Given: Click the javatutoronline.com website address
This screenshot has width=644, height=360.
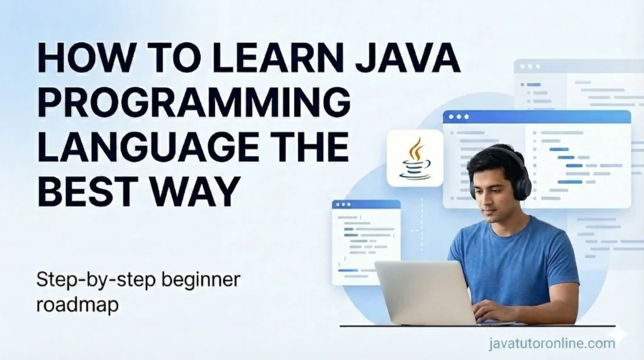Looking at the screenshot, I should click(x=551, y=344).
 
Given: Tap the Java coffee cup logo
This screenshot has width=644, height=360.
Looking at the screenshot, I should click(x=415, y=158).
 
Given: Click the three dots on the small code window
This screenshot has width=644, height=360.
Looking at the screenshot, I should click(x=343, y=205).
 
